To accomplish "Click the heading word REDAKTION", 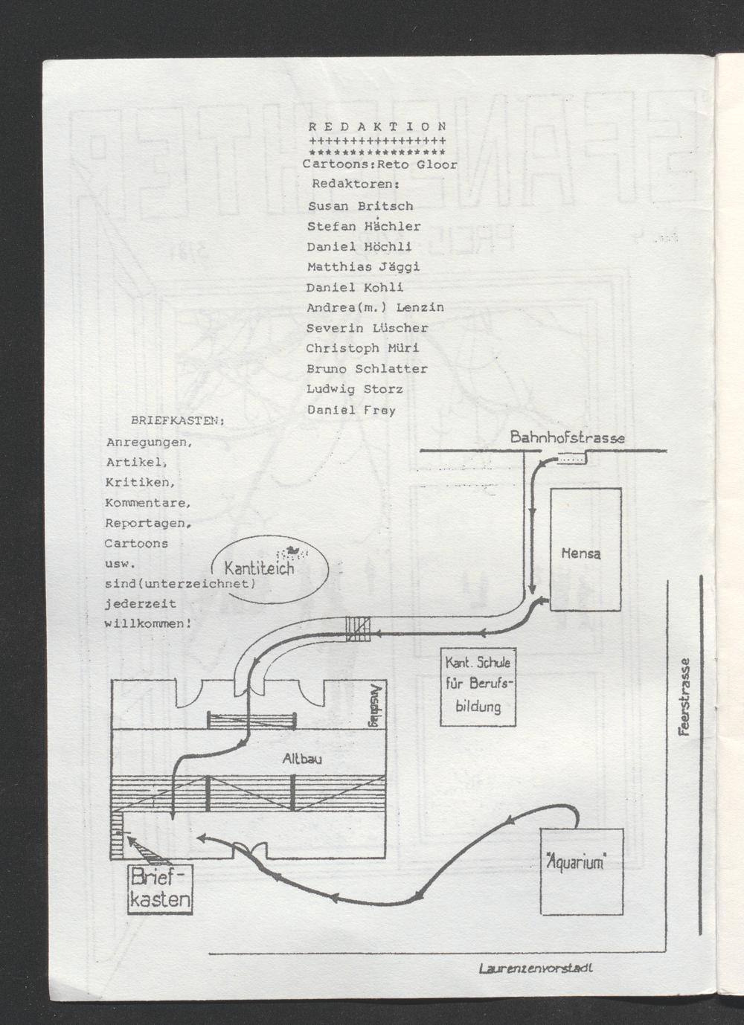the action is point(377,126).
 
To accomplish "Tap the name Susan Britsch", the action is point(360,206).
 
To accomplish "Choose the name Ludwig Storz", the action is point(355,390).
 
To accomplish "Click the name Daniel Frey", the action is point(351,410).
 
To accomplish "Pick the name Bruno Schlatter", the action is point(367,369).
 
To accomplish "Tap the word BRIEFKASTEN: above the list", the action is point(178,420).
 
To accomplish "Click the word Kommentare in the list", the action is point(148,503).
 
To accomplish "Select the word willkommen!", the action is point(147,623).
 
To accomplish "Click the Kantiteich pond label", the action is point(259,569).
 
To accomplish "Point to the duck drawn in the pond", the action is point(292,550).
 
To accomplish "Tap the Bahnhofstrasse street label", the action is point(568,437).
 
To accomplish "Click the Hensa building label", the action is point(581,553).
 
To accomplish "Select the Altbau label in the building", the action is point(301,759).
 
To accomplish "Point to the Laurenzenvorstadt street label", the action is point(536,968).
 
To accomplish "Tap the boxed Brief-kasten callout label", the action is point(160,889).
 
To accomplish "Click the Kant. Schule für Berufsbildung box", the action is point(478,687).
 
